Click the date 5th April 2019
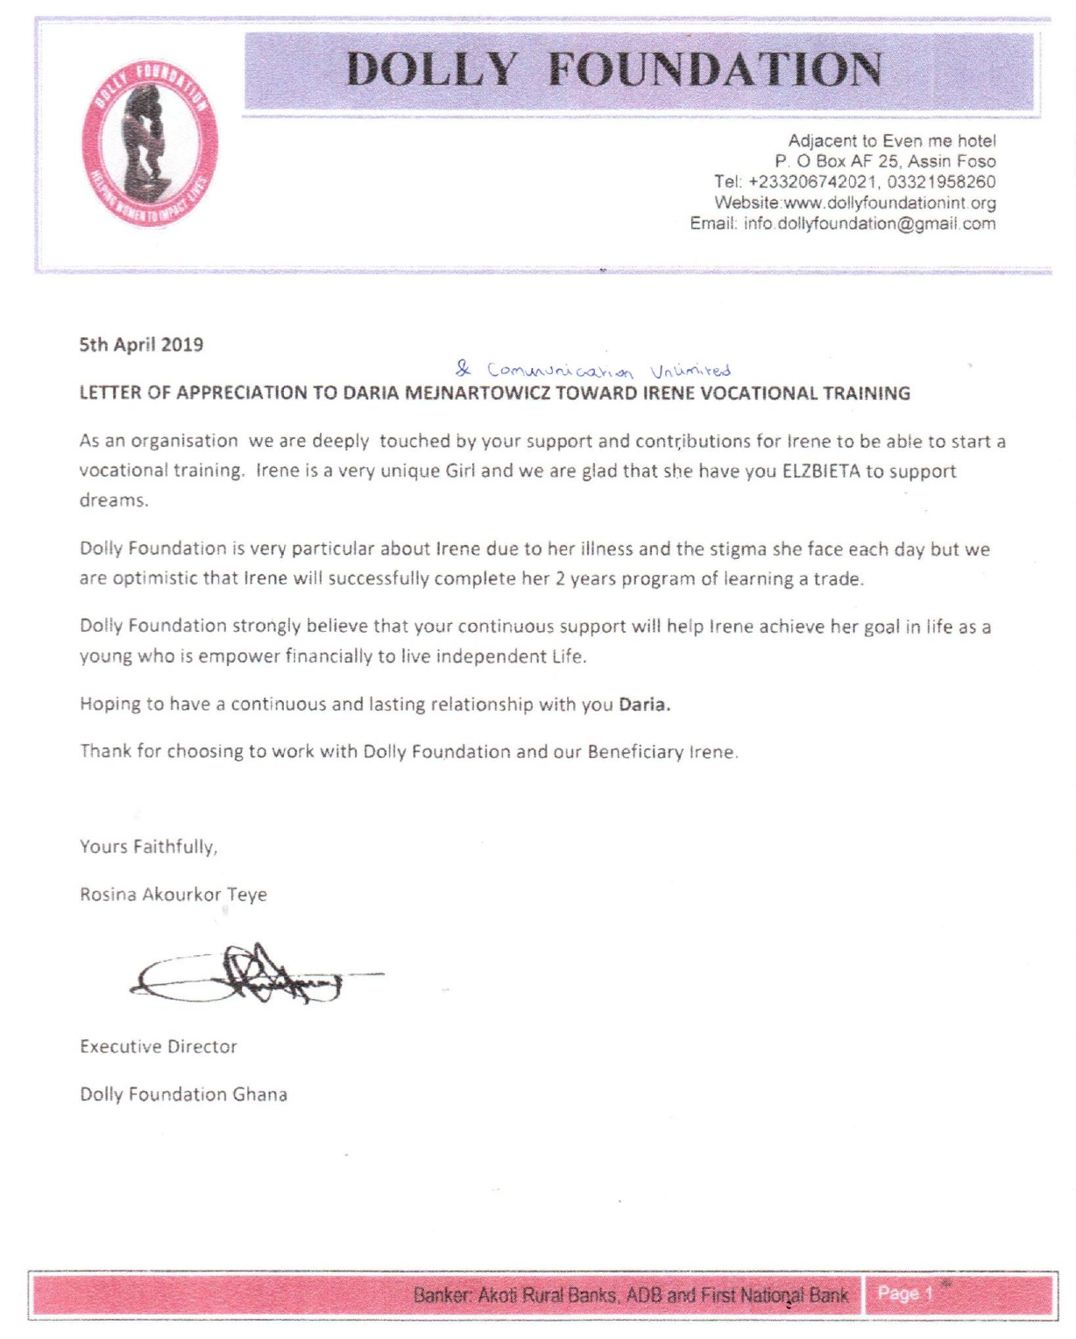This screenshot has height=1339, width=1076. [141, 344]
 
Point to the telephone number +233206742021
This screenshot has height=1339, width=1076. [812, 182]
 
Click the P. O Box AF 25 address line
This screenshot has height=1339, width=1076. [885, 161]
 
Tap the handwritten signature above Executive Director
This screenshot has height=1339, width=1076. [254, 974]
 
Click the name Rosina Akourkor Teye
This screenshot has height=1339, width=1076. [173, 895]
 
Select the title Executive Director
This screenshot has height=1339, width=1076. [159, 1046]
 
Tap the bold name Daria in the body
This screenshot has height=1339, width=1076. [644, 705]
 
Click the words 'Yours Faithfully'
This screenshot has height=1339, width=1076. [148, 847]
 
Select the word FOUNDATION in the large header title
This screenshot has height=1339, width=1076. [714, 70]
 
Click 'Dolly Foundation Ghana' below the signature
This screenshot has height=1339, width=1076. [183, 1095]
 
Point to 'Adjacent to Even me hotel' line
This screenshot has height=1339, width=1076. [891, 141]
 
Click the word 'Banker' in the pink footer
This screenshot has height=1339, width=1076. [442, 1295]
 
